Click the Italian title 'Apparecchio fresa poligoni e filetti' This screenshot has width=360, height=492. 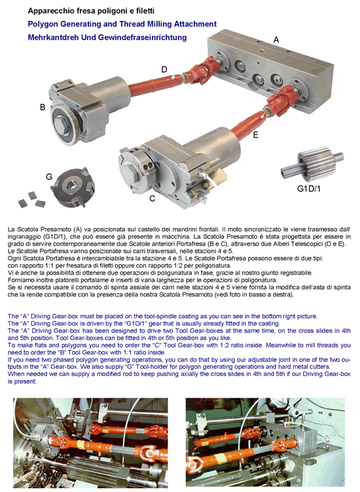[x=91, y=11]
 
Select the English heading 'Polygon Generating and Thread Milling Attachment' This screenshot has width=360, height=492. [x=122, y=24]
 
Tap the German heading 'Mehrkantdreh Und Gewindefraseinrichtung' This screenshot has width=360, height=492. [x=107, y=37]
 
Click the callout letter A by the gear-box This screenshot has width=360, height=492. [x=276, y=39]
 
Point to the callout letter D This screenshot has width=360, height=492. [x=164, y=69]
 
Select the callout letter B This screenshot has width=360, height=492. [x=43, y=107]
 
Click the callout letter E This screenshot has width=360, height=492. [x=255, y=135]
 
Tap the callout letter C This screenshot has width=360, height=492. [x=153, y=199]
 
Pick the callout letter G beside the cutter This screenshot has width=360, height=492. [x=49, y=177]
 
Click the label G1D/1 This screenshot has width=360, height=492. [x=308, y=189]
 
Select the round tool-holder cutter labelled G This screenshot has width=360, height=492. [x=73, y=187]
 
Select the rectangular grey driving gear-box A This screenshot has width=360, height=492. [x=270, y=71]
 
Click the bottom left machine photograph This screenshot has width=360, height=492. [x=90, y=442]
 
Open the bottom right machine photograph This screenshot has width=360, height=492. [x=265, y=442]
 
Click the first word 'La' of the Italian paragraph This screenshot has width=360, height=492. [x=11, y=229]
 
